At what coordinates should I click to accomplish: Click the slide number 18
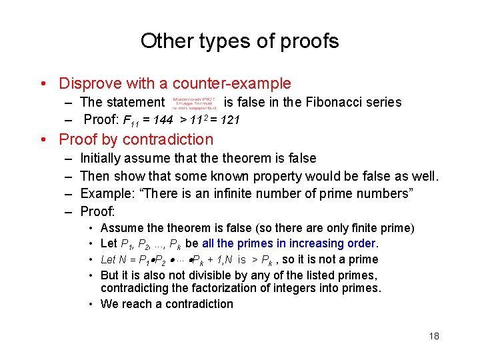click(x=434, y=336)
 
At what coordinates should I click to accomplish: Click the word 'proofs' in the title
click(x=309, y=41)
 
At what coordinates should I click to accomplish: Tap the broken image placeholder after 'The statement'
click(x=193, y=102)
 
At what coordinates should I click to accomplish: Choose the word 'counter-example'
click(x=231, y=83)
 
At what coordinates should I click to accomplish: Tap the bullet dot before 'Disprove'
click(x=43, y=84)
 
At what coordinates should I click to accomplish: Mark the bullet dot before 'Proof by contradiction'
click(x=43, y=140)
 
